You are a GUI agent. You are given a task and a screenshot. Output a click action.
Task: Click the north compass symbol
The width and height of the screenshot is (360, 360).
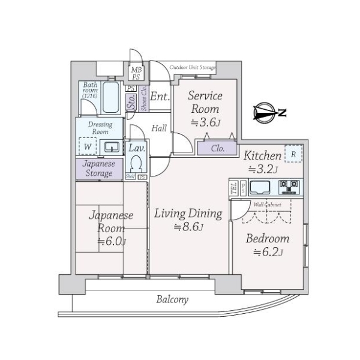click(x=266, y=112)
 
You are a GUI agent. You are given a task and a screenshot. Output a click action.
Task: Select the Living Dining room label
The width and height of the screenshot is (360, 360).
click(x=188, y=214)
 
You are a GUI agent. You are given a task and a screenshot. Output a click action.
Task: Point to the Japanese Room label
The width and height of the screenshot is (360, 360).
click(x=111, y=221)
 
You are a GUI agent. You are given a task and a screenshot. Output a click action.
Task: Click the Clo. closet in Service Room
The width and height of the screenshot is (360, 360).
click(x=217, y=148)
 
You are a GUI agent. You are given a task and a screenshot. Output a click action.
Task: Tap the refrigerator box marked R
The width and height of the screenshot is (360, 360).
click(x=293, y=154)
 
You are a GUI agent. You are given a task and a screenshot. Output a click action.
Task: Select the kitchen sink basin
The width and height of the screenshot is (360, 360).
click(x=261, y=187)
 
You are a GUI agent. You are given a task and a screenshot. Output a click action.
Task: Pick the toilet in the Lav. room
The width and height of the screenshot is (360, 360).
click(x=136, y=163)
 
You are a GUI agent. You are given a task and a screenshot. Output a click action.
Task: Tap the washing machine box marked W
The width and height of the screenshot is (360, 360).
click(x=88, y=146)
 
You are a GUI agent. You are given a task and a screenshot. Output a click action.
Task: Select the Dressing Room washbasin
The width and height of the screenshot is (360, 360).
click(x=110, y=146)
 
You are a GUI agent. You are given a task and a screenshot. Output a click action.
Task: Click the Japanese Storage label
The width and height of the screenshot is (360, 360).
click(x=98, y=168)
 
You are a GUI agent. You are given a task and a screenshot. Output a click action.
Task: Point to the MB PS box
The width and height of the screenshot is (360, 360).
click(x=136, y=73)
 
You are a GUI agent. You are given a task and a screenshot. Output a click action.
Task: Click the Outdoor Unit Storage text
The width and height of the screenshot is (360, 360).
click(x=192, y=67)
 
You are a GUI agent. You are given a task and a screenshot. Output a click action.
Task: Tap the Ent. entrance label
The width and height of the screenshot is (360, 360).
click(x=160, y=97)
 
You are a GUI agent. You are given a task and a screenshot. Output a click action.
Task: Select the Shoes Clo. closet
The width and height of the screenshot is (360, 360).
click(x=144, y=99)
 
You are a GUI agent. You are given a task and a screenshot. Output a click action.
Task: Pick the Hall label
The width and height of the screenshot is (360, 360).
click(x=159, y=128)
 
